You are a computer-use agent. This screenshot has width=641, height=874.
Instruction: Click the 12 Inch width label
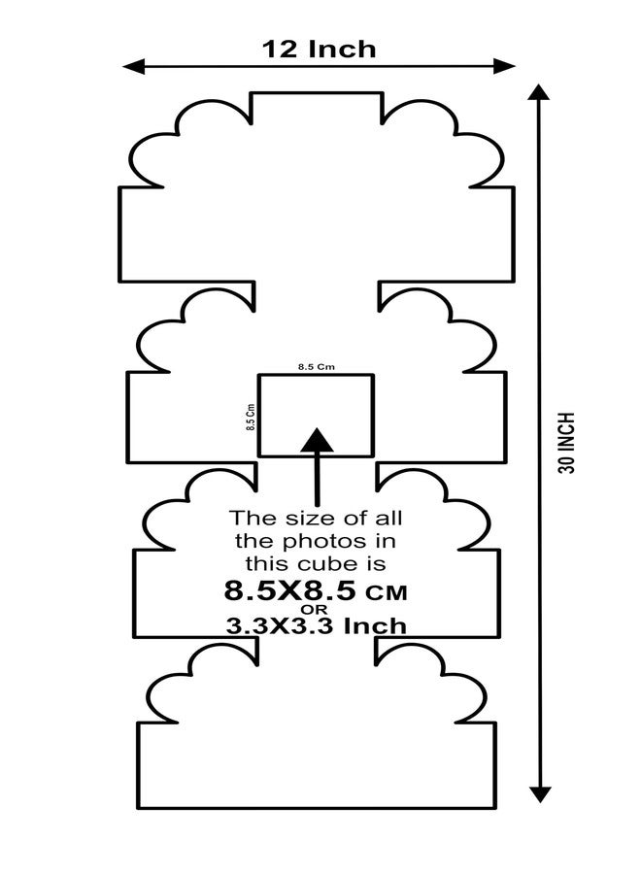(x=319, y=50)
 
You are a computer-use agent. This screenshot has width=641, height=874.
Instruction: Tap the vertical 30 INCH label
(x=566, y=443)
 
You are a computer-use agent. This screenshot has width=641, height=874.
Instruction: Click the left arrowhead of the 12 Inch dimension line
(x=134, y=66)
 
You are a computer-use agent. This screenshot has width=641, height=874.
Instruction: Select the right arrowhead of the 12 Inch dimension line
(x=504, y=66)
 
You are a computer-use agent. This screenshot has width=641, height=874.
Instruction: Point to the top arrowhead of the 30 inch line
(x=538, y=92)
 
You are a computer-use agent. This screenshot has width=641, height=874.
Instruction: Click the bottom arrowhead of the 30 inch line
(x=539, y=794)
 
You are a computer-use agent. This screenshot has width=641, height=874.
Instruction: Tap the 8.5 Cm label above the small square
(x=316, y=367)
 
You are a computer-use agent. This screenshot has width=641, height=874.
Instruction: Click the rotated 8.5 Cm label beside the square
(x=251, y=417)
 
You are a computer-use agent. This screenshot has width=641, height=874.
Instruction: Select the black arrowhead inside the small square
(x=318, y=440)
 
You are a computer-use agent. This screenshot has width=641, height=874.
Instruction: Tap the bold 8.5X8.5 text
(x=289, y=590)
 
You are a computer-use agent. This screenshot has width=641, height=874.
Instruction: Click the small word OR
(x=315, y=609)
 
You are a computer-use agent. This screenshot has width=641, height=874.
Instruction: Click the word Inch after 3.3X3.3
(x=375, y=626)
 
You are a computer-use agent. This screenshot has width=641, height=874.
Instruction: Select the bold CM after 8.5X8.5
(x=387, y=592)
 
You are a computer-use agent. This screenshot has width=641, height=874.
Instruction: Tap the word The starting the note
(x=253, y=519)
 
